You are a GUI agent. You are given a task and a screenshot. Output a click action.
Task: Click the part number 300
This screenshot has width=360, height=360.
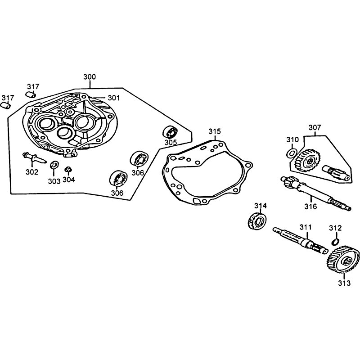tap(90, 76)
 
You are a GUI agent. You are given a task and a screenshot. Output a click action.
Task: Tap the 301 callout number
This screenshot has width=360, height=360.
tap(114, 98)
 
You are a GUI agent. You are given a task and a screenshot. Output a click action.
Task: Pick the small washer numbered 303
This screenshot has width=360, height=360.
tap(54, 165)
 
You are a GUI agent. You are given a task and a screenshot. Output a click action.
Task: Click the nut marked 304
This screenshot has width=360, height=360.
tap(68, 170)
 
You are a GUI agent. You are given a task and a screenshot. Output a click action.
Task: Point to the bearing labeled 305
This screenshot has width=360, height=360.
tap(171, 132)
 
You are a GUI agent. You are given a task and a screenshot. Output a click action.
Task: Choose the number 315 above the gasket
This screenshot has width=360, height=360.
tap(215, 131)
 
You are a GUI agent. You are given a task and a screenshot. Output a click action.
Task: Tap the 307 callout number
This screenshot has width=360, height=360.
tap(315, 127)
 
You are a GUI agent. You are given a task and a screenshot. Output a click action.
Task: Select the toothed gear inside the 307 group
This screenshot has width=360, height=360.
tap(306, 160)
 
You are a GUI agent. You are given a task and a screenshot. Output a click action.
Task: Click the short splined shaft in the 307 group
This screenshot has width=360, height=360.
tap(336, 173)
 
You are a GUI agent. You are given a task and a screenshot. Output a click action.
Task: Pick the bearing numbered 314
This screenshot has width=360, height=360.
tap(257, 220)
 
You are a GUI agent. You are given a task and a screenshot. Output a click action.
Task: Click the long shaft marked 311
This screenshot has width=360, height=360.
tap(300, 240)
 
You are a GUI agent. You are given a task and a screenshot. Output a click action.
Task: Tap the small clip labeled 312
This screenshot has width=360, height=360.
tap(336, 241)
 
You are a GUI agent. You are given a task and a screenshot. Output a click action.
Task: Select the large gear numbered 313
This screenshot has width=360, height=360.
tap(343, 259)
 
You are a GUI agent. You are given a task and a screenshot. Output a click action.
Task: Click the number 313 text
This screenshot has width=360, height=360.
tap(344, 283)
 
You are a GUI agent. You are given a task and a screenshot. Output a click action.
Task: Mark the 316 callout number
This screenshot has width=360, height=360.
tap(310, 207)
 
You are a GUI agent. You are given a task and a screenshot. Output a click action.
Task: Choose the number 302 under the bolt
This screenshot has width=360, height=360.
tap(32, 172)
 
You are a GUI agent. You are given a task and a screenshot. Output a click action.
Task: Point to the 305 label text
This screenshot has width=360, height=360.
tap(171, 142)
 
